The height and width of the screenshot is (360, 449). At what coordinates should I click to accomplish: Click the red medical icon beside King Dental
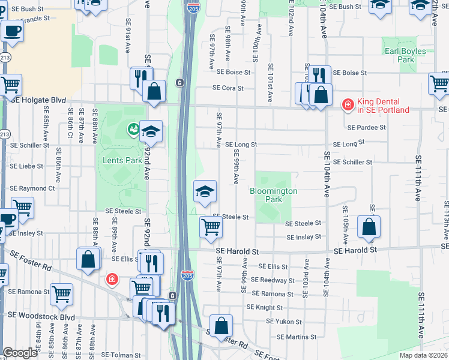(x=347, y=105)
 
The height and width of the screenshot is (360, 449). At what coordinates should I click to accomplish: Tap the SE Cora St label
(x=228, y=88)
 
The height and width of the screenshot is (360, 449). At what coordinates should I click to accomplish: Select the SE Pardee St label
(x=366, y=127)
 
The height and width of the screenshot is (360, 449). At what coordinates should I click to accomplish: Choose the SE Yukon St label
(x=286, y=322)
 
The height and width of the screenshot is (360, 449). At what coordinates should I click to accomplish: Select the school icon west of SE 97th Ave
(x=205, y=191)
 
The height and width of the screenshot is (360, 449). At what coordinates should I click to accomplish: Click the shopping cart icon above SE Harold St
(x=211, y=227)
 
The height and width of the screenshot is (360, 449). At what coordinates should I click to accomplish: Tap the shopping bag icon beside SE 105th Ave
(x=369, y=227)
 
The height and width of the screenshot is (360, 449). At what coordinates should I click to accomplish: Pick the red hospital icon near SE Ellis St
(x=112, y=279)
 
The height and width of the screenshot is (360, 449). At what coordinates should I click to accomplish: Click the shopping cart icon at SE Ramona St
(x=62, y=294)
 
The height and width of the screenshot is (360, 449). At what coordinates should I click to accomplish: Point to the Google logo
(x=20, y=353)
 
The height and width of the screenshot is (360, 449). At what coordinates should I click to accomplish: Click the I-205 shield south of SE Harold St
(x=187, y=276)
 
